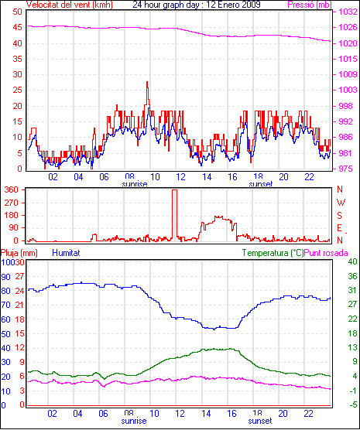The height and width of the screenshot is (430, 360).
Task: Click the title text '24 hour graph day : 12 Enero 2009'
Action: pyautogui.click(x=197, y=5)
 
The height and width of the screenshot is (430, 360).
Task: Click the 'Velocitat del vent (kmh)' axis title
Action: pyautogui.click(x=70, y=5)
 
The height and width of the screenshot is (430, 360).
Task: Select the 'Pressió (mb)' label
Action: pyautogui.click(x=310, y=5)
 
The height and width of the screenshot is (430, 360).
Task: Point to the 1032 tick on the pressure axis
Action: pyautogui.click(x=348, y=12)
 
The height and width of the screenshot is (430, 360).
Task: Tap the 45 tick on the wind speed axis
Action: pyautogui.click(x=17, y=27)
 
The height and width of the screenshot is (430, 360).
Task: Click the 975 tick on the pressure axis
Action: pyautogui.click(x=348, y=169)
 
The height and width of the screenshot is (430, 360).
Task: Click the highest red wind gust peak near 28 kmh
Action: pyautogui.click(x=147, y=82)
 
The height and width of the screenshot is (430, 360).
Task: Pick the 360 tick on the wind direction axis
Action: pyautogui.click(x=12, y=189)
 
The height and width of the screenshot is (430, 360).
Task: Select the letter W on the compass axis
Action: pyautogui.click(x=341, y=203)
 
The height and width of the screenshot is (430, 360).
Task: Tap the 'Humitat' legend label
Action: pyautogui.click(x=66, y=253)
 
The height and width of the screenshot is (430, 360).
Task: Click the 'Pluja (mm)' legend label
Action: pyautogui.click(x=19, y=253)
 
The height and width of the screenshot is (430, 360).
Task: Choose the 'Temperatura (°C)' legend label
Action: pyautogui.click(x=273, y=253)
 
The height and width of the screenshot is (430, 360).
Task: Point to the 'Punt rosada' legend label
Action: pyautogui.click(x=326, y=253)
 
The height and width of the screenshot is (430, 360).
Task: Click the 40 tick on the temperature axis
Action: pyautogui.click(x=352, y=261)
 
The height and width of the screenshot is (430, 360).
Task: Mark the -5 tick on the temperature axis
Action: pyautogui.click(x=352, y=404)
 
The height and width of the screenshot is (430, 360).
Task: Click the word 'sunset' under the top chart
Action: pyautogui.click(x=260, y=184)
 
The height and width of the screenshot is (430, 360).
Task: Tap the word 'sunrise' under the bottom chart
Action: pyautogui.click(x=134, y=421)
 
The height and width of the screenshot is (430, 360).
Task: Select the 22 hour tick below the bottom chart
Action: pyautogui.click(x=309, y=413)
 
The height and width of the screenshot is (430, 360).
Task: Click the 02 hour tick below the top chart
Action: pyautogui.click(x=53, y=177)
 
